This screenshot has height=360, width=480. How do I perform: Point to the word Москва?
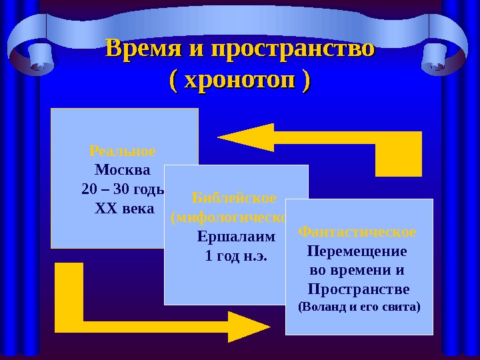(x=123, y=169)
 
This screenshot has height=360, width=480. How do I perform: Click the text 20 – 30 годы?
(x=123, y=189)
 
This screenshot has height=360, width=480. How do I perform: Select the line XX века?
(x=124, y=209)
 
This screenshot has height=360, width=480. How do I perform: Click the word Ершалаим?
(x=236, y=237)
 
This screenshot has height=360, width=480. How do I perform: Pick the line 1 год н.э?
(x=236, y=256)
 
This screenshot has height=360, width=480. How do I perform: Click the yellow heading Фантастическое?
(x=357, y=232)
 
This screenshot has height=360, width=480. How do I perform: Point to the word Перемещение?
(x=357, y=252)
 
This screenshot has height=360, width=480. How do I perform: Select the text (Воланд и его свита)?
(x=359, y=308)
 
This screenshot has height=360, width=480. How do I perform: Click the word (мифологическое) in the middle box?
(x=231, y=217)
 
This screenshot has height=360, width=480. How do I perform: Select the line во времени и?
(x=358, y=271)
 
